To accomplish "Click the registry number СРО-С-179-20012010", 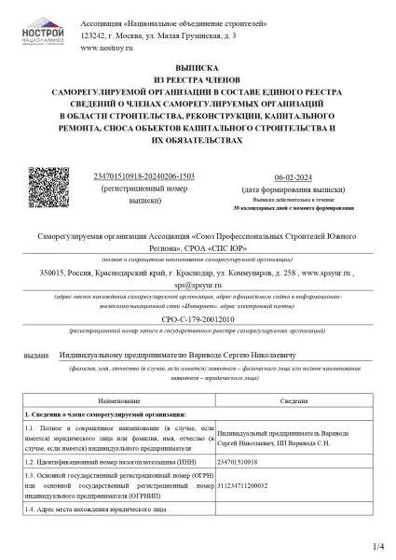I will click(198, 318).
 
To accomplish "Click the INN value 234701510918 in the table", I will click(240, 461).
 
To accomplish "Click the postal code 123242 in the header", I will click(94, 34).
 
